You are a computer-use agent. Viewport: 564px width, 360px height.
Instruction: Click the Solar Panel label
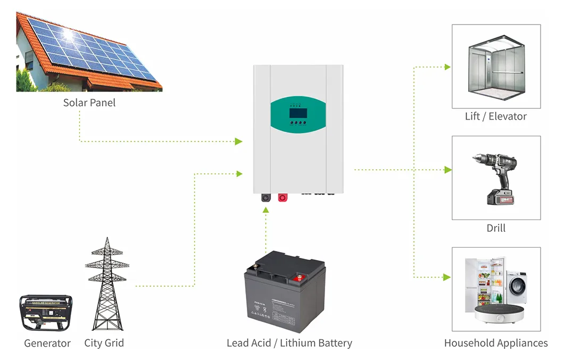[89, 103]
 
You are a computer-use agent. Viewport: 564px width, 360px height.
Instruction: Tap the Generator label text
[47, 343]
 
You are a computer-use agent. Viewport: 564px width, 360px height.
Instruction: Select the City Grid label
[104, 342]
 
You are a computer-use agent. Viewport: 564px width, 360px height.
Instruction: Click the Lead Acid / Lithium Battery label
[289, 343]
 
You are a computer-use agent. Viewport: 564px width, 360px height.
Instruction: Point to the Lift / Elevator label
[495, 116]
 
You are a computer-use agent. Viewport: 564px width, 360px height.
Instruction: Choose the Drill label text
[496, 228]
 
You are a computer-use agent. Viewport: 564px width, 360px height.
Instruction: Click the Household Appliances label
[496, 343]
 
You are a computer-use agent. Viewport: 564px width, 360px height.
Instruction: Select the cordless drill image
[495, 178]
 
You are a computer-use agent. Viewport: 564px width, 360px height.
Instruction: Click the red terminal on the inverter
[282, 198]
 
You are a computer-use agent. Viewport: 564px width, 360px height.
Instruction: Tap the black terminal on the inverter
[266, 198]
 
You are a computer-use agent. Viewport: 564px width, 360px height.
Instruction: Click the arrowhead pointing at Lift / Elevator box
[447, 67]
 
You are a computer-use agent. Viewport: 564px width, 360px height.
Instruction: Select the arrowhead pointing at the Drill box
[448, 170]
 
